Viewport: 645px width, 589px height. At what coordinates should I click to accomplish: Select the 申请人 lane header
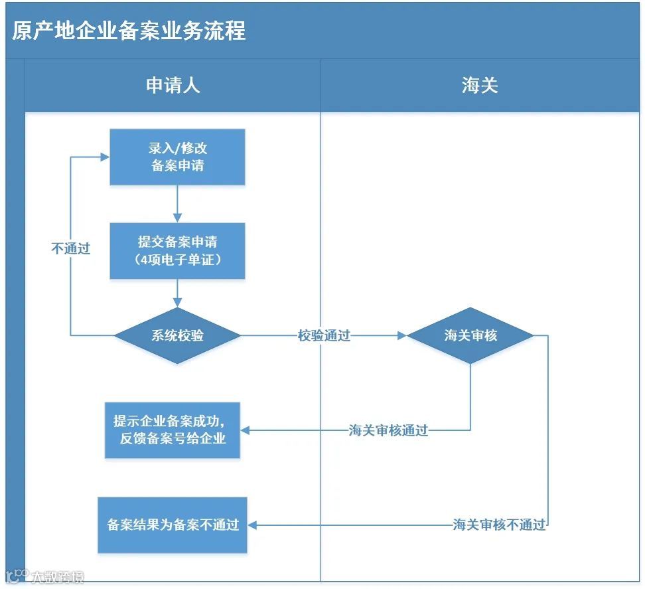[x=173, y=85]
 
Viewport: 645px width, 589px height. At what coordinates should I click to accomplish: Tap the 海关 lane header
[x=480, y=85]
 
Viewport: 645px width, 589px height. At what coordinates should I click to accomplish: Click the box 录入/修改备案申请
[x=177, y=157]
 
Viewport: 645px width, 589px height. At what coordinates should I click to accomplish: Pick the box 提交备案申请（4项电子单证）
[x=177, y=250]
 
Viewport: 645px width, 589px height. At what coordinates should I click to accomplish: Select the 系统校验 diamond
[x=177, y=336]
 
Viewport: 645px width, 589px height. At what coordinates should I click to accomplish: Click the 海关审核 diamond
[x=470, y=336]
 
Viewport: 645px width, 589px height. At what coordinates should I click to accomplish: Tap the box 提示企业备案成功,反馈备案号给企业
[x=173, y=430]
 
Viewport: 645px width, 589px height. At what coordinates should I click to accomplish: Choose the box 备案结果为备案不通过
[x=173, y=525]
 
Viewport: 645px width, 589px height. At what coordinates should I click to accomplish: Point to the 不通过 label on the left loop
[x=71, y=249]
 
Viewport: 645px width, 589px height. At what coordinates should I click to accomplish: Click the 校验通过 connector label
[x=324, y=336]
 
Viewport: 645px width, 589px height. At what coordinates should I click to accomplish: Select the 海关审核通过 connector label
[x=389, y=430]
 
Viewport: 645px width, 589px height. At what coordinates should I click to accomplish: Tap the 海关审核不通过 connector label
[x=499, y=525]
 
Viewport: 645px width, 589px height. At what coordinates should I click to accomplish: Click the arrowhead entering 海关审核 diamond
[x=401, y=336]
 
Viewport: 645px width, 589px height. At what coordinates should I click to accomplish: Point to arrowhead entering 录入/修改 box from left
[x=105, y=157]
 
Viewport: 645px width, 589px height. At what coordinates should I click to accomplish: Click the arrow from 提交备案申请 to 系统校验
[x=177, y=294]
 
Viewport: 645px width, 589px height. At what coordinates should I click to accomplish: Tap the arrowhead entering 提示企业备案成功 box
[x=245, y=430]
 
